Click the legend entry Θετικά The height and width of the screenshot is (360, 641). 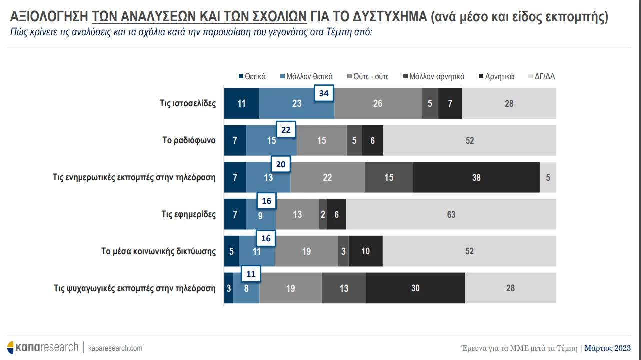point(252,77)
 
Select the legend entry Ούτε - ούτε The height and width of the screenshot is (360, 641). point(367,77)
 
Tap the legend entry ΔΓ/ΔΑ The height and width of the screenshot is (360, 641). point(541,77)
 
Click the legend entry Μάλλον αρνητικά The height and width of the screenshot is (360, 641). point(433,77)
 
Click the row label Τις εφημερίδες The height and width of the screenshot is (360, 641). point(189,214)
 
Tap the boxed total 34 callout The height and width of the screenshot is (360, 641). point(324,93)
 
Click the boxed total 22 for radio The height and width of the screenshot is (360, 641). point(286,130)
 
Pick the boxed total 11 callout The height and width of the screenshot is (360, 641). point(251,274)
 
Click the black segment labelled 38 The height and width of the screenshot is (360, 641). point(476,177)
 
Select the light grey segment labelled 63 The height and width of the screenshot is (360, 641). point(451,214)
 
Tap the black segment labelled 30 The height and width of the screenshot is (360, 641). point(415,288)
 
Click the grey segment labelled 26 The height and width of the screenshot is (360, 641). point(378,103)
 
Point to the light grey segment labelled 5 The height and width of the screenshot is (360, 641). point(548,177)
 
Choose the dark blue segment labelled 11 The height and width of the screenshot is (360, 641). point(241,103)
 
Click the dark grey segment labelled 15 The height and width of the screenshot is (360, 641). point(389,177)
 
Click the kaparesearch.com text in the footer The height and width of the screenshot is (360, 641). point(115,348)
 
